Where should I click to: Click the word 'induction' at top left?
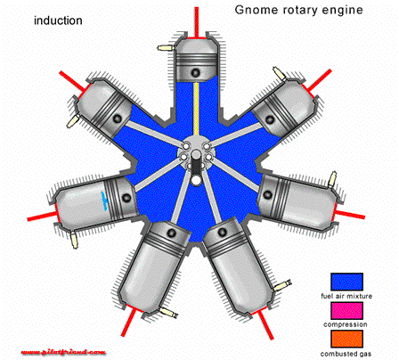coord(58,20)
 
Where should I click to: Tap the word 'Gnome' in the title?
coord(256,12)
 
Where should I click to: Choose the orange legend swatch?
coord(346,339)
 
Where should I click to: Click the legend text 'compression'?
coord(346,324)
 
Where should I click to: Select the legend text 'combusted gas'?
coord(346,353)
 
